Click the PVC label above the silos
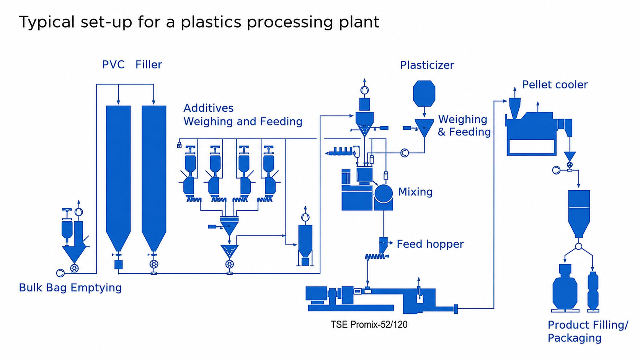pyautogui.click(x=113, y=65)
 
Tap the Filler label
pyautogui.click(x=149, y=65)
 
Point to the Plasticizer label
pyautogui.click(x=427, y=65)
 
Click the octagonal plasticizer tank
pyautogui.click(x=424, y=93)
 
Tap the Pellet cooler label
pyautogui.click(x=555, y=85)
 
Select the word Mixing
pyautogui.click(x=415, y=192)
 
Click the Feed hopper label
pyautogui.click(x=430, y=244)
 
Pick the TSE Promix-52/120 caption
pyautogui.click(x=369, y=324)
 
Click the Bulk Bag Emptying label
pyautogui.click(x=70, y=288)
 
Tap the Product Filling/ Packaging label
pyautogui.click(x=588, y=331)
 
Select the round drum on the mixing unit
pyautogui.click(x=384, y=194)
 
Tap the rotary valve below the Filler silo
pyautogui.click(x=154, y=264)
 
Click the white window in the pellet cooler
pyautogui.click(x=531, y=147)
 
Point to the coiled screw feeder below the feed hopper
pyautogui.click(x=375, y=257)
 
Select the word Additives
pyautogui.click(x=209, y=108)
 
